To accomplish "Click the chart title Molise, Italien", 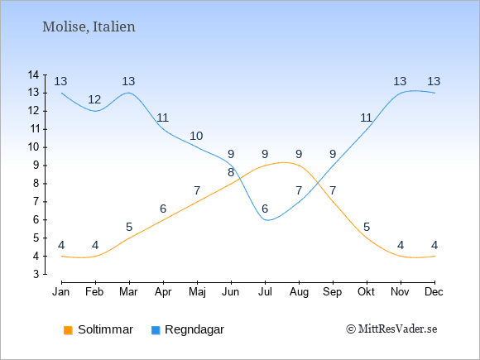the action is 89,26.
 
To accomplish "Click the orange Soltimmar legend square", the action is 68,330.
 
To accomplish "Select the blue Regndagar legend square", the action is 156,330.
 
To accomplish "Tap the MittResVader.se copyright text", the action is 391,329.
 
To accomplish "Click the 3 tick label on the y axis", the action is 36,274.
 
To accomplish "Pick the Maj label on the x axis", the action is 197,292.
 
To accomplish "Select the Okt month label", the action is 366,292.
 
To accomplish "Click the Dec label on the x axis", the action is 434,292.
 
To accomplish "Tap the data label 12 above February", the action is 94,99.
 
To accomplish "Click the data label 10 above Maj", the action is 196,136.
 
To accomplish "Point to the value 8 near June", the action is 231,173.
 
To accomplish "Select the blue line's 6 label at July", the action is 265,209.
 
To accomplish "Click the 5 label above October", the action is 367,227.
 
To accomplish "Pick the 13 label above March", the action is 128,81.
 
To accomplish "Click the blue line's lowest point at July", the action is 267,220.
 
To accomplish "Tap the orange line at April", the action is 164,220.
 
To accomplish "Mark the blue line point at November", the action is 401,93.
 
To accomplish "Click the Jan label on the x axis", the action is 61,292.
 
